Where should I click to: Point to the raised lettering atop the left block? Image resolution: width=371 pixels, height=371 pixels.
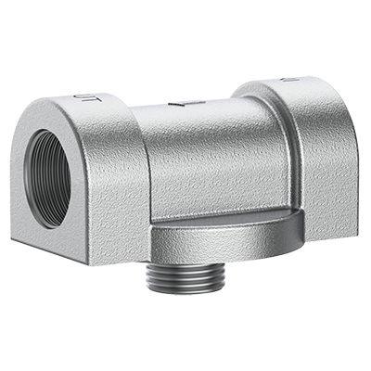[x=83, y=96]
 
